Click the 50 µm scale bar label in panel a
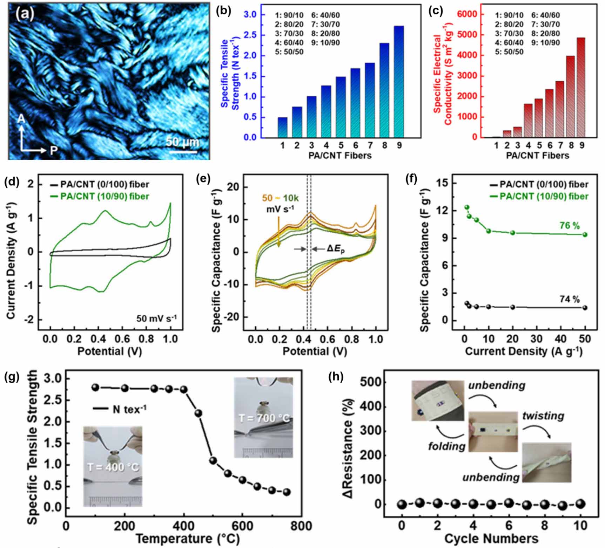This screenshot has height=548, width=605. click(182, 142)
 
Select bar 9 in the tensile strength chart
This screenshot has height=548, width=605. click(399, 81)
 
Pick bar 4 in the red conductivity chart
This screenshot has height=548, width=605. click(528, 121)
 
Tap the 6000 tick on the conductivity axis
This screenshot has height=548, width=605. click(468, 14)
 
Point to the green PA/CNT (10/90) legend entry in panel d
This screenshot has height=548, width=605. click(100, 196)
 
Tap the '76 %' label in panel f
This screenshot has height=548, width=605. click(570, 226)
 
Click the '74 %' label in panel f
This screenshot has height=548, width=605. click(570, 299)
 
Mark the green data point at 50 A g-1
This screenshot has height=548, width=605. click(585, 234)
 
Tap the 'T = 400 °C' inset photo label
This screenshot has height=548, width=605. click(113, 467)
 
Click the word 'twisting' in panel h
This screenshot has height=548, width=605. click(543, 416)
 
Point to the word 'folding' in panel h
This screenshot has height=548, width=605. click(446, 446)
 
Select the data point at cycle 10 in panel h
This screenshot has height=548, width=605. click(580, 504)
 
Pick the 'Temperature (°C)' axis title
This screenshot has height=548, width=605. click(188, 538)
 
